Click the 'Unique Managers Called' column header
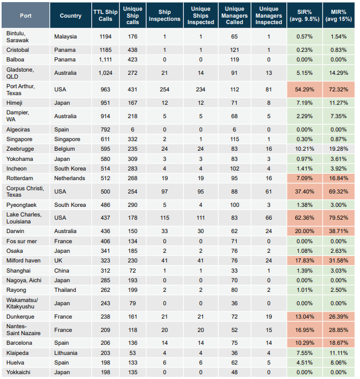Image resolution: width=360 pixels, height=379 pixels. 234,16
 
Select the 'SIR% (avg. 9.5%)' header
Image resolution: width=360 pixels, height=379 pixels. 304,16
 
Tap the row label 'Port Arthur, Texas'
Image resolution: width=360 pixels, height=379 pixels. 20,90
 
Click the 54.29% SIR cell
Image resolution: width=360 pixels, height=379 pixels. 304,90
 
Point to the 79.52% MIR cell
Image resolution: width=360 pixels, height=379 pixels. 339,218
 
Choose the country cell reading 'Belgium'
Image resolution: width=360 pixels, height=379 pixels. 65,149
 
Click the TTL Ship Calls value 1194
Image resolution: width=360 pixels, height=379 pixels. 105,36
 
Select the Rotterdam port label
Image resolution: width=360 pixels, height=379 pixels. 20,179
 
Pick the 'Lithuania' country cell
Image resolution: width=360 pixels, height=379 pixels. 66,353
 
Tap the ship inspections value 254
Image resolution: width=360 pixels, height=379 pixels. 165,90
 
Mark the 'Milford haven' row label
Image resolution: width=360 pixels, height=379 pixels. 24,260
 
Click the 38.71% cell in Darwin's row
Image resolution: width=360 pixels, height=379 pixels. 339,231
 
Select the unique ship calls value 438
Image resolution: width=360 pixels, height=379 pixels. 132,50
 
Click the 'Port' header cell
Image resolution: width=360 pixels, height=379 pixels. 26,16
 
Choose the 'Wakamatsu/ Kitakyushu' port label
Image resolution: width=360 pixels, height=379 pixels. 22,303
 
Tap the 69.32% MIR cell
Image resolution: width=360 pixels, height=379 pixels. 339,192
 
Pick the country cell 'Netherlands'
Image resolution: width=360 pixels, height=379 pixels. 69,179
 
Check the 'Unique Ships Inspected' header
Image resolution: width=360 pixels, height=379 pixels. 201,16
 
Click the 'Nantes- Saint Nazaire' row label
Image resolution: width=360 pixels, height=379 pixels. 24,330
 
